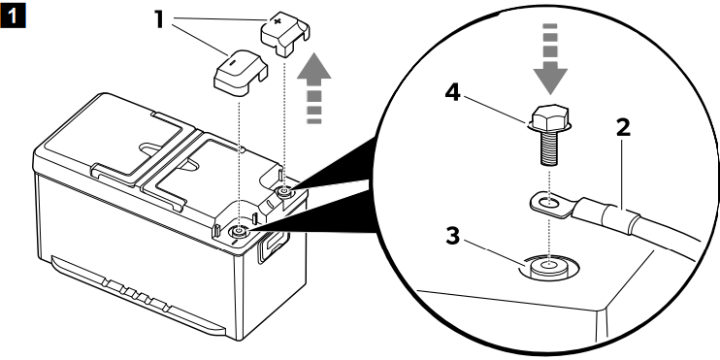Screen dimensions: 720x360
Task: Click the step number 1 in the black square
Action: tap(13, 16)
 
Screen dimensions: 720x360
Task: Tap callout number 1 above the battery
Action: tap(159, 19)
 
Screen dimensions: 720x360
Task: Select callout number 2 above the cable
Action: tap(623, 128)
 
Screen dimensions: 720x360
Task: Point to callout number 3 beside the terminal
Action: tap(453, 237)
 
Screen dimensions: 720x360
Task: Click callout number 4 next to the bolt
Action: tap(452, 94)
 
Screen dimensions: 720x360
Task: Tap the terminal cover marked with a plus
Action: tap(285, 34)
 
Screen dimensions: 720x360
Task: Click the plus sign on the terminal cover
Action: tap(277, 21)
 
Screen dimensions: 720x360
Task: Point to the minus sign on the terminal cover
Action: tap(232, 63)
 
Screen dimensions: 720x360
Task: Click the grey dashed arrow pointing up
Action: tap(314, 88)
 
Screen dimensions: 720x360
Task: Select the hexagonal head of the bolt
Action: tap(550, 117)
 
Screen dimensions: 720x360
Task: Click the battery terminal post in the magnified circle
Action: tap(548, 267)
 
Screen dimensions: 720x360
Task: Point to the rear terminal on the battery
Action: tap(284, 191)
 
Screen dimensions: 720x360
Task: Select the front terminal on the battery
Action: tap(239, 231)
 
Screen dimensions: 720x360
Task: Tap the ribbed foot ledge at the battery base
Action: tap(138, 294)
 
